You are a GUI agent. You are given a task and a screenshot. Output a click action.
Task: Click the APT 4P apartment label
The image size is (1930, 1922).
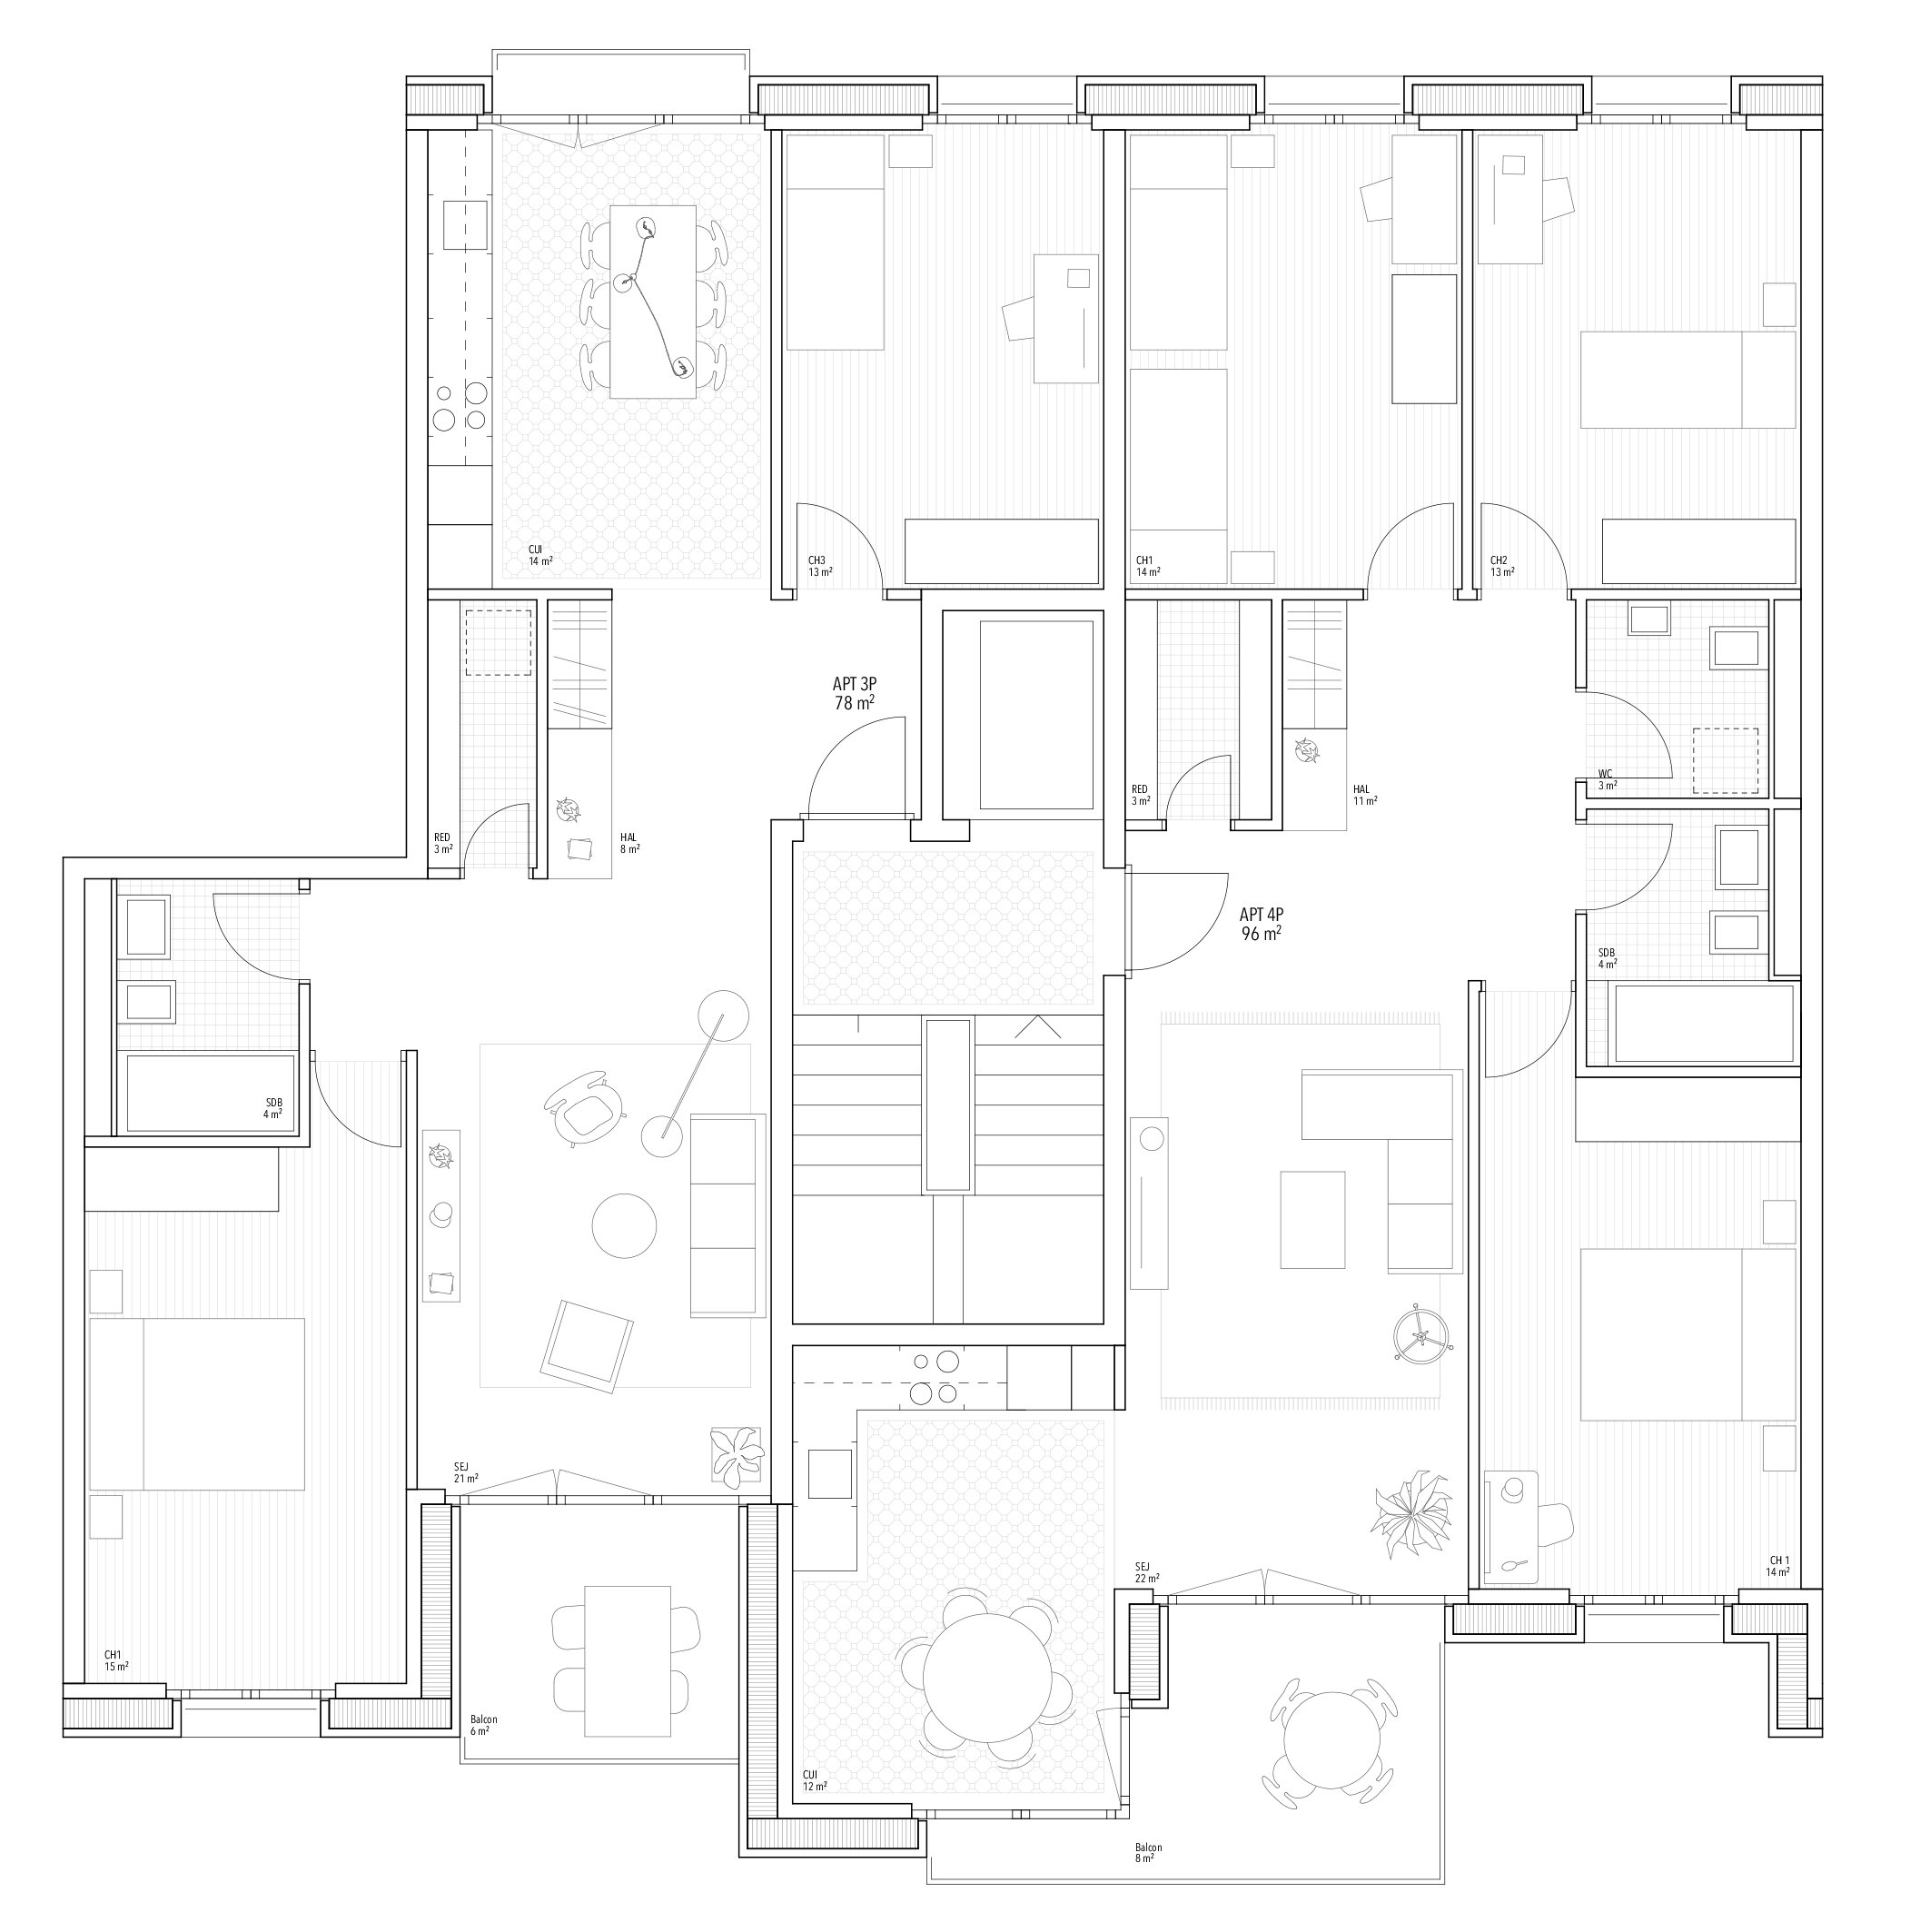coord(1261,924)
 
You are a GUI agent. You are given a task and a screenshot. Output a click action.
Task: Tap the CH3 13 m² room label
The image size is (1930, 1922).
coord(819,567)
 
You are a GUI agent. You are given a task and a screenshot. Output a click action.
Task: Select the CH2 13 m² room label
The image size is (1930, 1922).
coord(1500,567)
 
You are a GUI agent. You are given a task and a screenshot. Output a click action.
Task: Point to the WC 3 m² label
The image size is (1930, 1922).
coord(1607,779)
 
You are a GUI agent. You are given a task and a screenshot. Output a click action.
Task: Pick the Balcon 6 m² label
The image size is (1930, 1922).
coord(482,1725)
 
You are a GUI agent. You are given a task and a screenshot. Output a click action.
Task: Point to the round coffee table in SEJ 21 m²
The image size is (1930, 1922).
coord(624,1225)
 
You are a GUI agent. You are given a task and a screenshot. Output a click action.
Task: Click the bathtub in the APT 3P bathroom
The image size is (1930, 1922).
coord(210,1093)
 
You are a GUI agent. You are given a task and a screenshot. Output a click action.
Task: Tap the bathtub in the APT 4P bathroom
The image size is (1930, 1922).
coord(1689,1024)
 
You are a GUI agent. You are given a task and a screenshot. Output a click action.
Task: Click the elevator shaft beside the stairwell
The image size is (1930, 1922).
coord(1036,714)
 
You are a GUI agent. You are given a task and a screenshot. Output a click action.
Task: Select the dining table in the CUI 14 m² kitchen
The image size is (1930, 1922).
coord(652,302)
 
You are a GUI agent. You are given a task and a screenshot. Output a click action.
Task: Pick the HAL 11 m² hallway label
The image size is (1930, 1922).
coord(1364,794)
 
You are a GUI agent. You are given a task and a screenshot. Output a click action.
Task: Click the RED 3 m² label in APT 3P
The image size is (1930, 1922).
coord(441,843)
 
